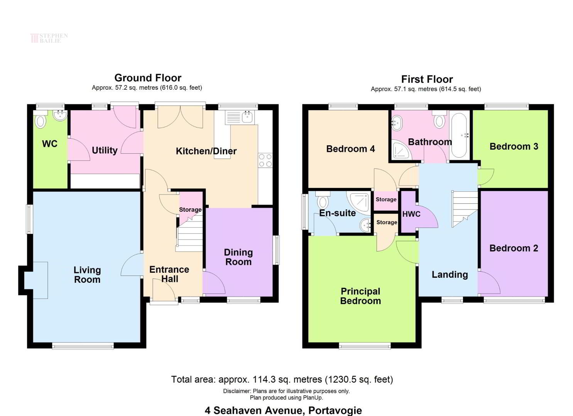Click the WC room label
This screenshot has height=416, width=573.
tap(50, 144)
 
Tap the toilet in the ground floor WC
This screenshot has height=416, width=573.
tap(41, 120)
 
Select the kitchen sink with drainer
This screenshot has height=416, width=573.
tap(240, 117)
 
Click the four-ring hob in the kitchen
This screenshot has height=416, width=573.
tap(265, 160)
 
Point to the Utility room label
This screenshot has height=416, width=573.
tap(105, 150)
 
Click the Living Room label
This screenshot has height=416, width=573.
tap(87, 275)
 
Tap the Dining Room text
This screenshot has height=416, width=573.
tap(238, 257)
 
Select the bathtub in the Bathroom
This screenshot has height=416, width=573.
tap(460, 135)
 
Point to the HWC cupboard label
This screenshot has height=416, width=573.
tap(411, 214)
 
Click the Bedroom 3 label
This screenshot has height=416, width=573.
tap(514, 146)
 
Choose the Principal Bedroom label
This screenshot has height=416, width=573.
tap(360, 296)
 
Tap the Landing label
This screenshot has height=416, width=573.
tap(450, 275)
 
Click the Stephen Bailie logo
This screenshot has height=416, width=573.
tap(49, 38)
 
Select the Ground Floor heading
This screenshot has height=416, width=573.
tap(148, 78)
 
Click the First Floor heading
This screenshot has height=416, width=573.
tap(427, 79)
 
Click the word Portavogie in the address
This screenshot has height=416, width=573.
tap(335, 411)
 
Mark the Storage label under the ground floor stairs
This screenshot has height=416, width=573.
tap(190, 210)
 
